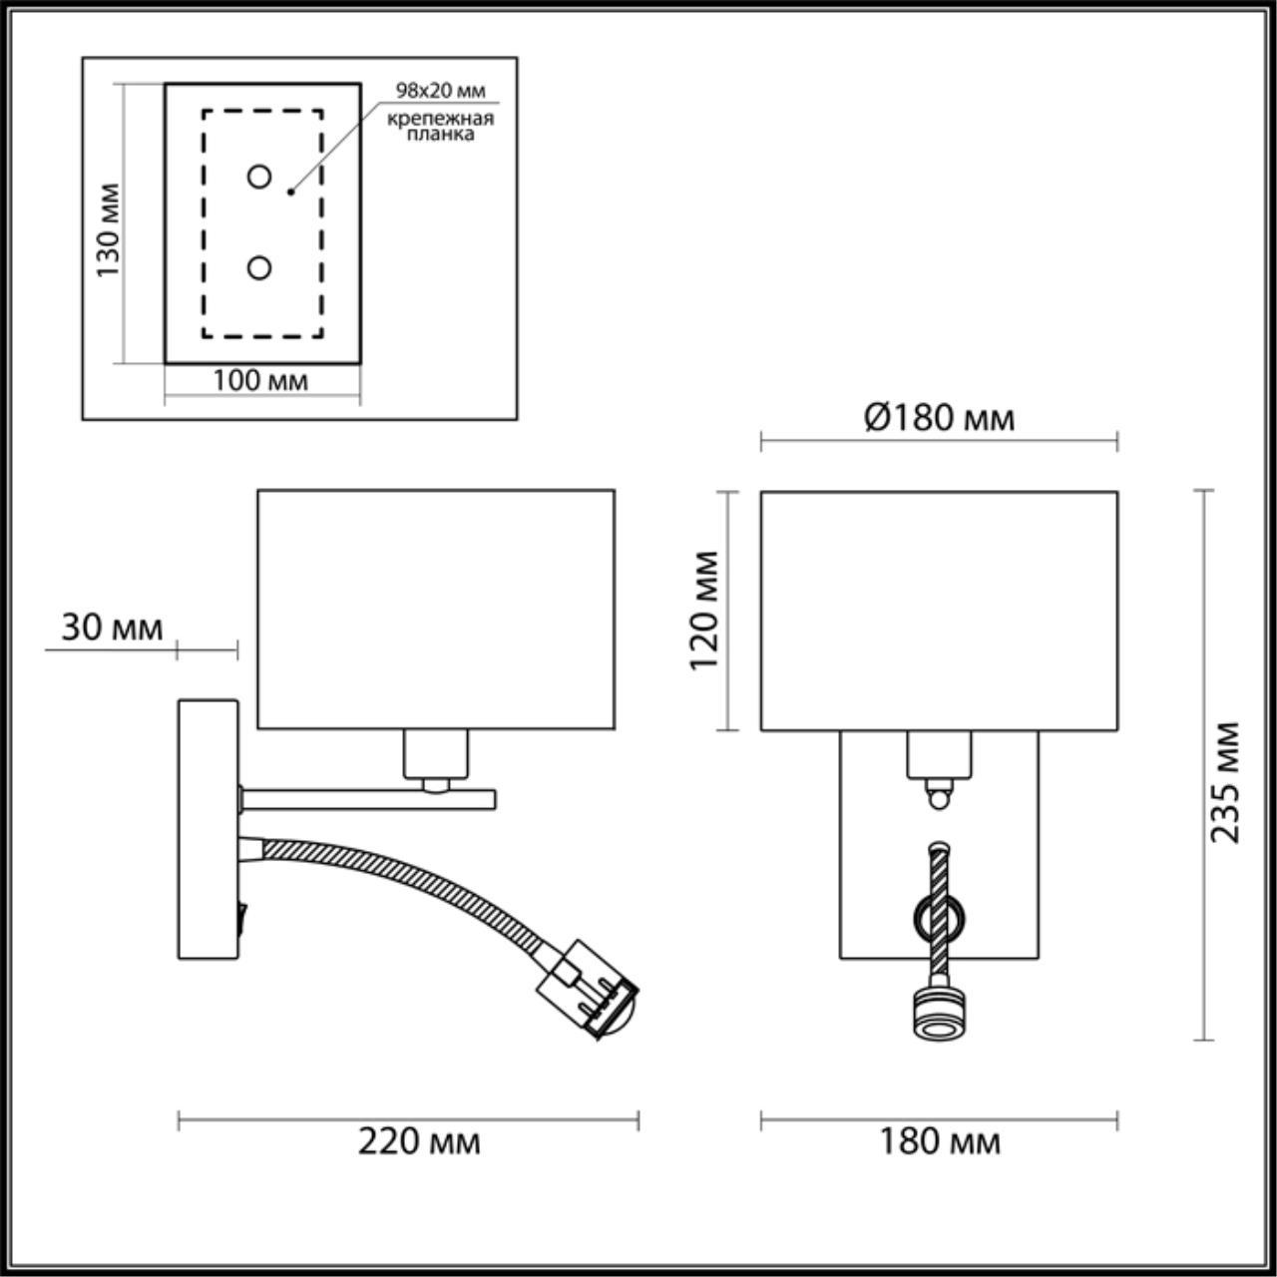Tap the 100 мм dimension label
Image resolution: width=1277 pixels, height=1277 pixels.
click(260, 380)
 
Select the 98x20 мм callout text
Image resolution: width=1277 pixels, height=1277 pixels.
click(440, 90)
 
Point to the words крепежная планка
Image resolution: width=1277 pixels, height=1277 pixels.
click(440, 127)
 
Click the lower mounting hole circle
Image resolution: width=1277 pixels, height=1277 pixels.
click(259, 267)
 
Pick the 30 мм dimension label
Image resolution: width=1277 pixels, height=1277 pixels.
click(112, 628)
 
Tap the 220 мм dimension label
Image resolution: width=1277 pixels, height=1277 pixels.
click(419, 1140)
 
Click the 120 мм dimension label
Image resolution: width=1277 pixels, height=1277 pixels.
click(705, 610)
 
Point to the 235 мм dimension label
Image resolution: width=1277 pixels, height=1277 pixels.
click(1226, 782)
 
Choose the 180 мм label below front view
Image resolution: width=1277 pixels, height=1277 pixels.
click(939, 1140)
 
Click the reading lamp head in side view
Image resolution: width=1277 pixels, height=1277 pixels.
click(589, 999)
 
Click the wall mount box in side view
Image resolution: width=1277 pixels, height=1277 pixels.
click(208, 828)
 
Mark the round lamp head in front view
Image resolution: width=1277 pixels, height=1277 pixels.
click(938, 1015)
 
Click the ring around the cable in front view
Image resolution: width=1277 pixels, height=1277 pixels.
click(938, 912)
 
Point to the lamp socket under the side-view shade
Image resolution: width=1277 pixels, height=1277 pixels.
click(435, 755)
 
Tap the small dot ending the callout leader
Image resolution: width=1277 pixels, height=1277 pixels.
click(290, 190)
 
